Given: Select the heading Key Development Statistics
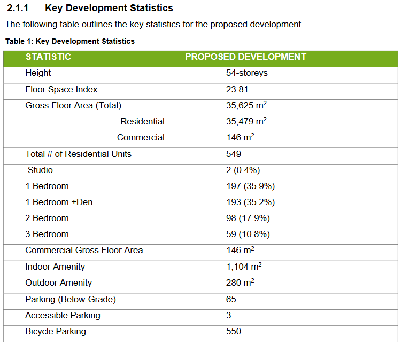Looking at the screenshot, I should (109, 8).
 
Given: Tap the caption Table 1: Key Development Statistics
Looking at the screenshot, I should (69, 41).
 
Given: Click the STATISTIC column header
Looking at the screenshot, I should (48, 57).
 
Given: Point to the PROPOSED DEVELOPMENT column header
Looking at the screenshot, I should (245, 57).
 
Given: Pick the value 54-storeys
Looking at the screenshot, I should (246, 73).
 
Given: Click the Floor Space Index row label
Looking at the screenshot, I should (61, 89).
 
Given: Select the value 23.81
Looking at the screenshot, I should (237, 89).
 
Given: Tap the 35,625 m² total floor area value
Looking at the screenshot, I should (246, 105).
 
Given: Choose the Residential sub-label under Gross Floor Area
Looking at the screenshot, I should (142, 121).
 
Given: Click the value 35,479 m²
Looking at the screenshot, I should (246, 121).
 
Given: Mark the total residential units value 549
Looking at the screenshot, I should (234, 154).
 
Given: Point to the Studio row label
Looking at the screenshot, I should (40, 170).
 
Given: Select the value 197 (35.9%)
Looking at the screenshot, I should (250, 186).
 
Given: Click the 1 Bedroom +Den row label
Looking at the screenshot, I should (59, 202).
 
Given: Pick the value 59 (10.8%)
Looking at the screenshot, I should (248, 234).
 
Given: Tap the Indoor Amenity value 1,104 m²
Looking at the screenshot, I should (244, 267).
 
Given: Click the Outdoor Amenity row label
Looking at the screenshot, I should (58, 283).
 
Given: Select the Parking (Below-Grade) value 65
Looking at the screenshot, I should (231, 299).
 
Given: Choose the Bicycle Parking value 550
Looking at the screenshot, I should (234, 331).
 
